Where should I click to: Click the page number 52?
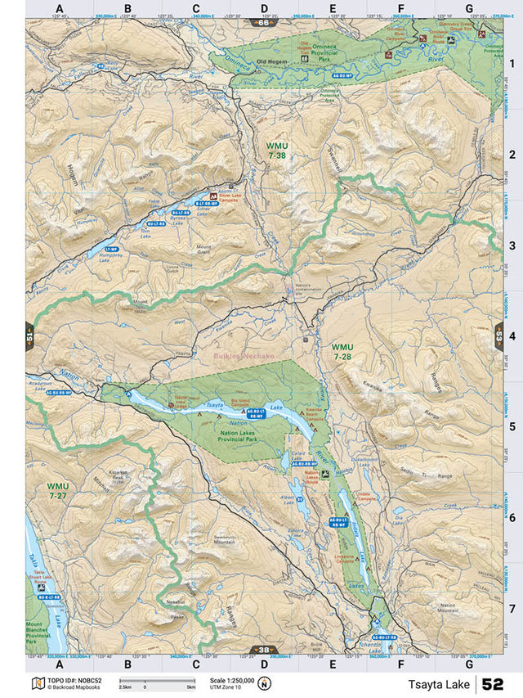[492, 684]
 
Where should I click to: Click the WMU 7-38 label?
[276, 150]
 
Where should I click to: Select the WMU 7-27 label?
[58, 491]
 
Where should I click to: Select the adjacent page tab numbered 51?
[30, 336]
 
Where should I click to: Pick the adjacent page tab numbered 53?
[498, 336]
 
